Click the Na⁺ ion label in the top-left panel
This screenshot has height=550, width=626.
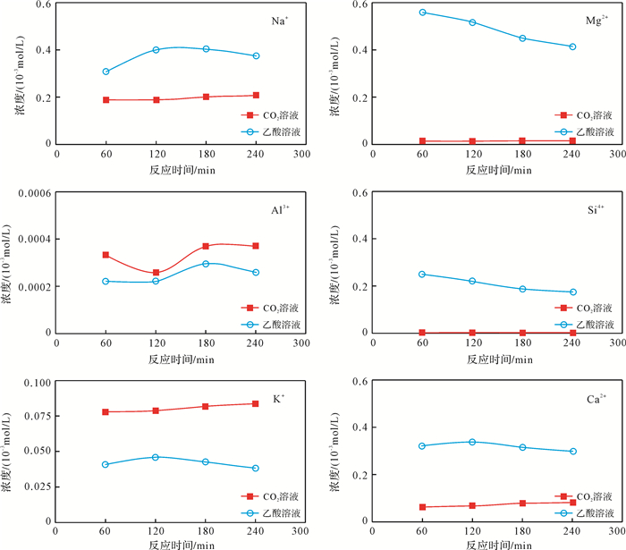(280, 20)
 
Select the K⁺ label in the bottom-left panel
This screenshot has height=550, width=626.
(279, 397)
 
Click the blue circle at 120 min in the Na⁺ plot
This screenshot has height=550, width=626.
(156, 50)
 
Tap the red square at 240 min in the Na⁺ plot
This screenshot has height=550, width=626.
(256, 95)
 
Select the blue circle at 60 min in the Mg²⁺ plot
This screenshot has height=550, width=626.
(423, 13)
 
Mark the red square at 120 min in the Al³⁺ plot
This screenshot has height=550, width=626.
(156, 273)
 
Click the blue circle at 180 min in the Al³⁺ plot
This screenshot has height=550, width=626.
(206, 264)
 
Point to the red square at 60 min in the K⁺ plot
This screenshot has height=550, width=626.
(106, 412)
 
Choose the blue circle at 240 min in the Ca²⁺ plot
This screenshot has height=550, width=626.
(573, 452)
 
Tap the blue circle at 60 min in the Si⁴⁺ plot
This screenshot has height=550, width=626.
(423, 275)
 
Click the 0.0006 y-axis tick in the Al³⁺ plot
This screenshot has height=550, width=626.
(30, 193)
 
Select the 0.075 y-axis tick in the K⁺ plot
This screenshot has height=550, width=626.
(35, 416)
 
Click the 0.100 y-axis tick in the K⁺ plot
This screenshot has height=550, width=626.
(35, 383)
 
